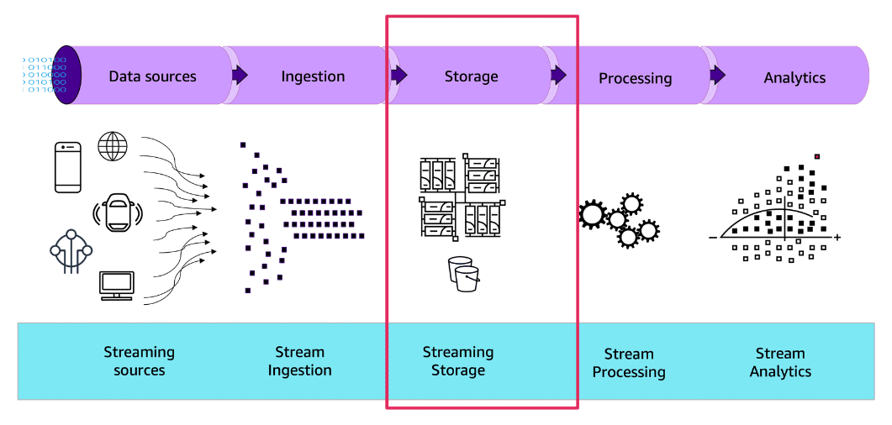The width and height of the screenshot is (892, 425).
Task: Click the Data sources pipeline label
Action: click(x=152, y=76)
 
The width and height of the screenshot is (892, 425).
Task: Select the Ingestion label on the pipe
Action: click(x=313, y=76)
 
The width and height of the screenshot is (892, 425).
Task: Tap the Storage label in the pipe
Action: click(x=471, y=76)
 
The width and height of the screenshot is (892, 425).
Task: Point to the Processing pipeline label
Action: click(x=635, y=78)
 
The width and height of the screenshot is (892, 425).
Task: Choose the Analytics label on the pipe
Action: click(x=794, y=78)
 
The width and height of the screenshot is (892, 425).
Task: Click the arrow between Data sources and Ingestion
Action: click(x=240, y=76)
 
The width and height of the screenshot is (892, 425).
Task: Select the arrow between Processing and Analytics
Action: click(x=717, y=76)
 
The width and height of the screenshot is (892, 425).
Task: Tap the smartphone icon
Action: click(x=68, y=167)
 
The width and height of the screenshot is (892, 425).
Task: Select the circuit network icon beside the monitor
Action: click(x=71, y=251)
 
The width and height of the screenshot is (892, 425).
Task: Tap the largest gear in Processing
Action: click(x=593, y=214)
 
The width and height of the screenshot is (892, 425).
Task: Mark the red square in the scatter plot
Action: click(x=816, y=155)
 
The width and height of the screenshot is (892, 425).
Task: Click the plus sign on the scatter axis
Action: click(x=837, y=238)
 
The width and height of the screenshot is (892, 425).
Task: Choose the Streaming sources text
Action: click(x=139, y=361)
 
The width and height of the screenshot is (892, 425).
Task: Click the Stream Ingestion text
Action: click(x=299, y=361)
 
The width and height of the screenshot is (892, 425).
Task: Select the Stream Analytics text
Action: click(x=780, y=362)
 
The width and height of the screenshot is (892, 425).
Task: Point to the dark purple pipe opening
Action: click(x=67, y=75)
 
